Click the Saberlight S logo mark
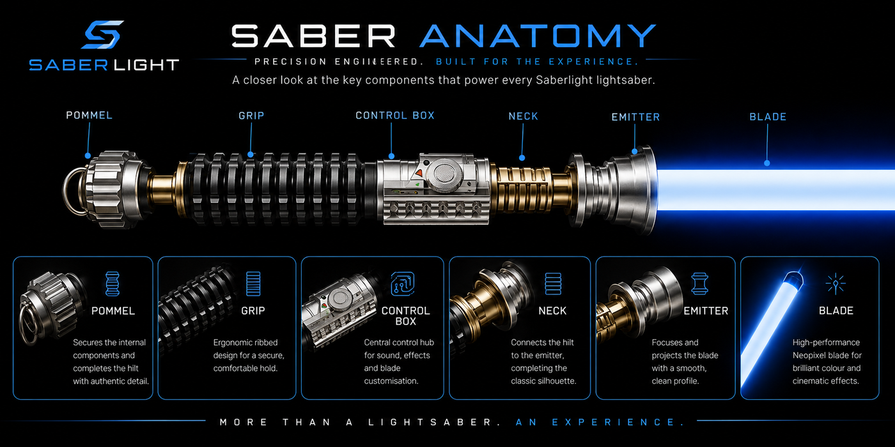(x=103, y=34)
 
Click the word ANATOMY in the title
(x=538, y=36)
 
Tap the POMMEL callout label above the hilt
(x=89, y=116)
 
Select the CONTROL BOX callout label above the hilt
(x=395, y=116)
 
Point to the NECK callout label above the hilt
(x=524, y=116)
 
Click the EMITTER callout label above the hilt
(x=635, y=117)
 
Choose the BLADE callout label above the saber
(x=768, y=116)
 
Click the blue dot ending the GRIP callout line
(x=251, y=155)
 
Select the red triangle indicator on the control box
(x=419, y=174)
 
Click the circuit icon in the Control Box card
(x=402, y=284)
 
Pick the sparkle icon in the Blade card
(x=836, y=284)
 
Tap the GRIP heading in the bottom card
(x=253, y=310)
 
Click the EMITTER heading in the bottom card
(x=706, y=310)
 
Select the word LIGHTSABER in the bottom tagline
(x=430, y=422)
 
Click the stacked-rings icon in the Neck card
(x=553, y=284)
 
